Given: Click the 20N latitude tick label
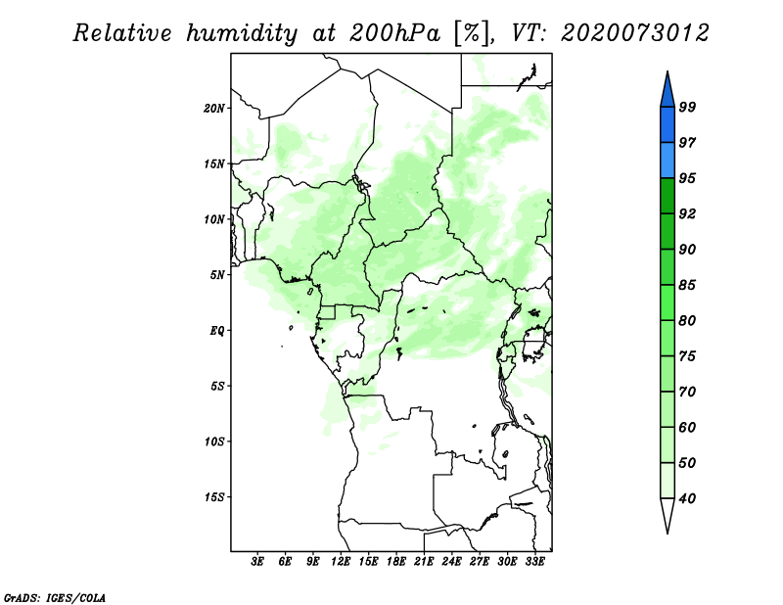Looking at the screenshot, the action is point(214,109).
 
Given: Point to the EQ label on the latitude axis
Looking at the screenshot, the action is point(217,331).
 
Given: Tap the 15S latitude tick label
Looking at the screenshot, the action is point(214,497).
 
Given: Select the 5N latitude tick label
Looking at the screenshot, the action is point(217,275).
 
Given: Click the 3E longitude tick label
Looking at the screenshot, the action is point(257,562).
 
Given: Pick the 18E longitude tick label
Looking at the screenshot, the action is point(396,562).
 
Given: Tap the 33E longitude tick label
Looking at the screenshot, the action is point(534,562).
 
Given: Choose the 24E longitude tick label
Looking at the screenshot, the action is point(451,562).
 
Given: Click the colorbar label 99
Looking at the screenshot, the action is point(687,107).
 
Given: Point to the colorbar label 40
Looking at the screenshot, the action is point(687,498).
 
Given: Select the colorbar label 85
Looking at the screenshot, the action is point(687,285).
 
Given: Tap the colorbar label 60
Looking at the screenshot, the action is point(687,427).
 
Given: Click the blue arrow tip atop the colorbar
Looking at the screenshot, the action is point(668,71).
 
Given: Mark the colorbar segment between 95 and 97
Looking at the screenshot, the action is point(668,161).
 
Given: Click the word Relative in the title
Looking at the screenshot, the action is point(122,33).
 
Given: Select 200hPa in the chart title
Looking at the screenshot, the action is point(394,33).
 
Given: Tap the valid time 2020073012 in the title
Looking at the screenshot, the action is point(634,33).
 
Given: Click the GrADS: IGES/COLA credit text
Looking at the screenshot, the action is point(55,597).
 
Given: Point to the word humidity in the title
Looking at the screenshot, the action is point(242,34).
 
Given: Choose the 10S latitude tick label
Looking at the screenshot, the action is point(214,442).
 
